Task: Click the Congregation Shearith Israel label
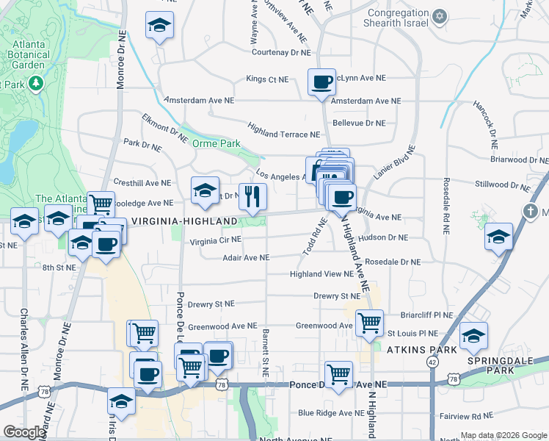397,18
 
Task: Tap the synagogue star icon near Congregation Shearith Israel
440,15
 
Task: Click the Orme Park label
216,144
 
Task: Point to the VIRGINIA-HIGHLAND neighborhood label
184,220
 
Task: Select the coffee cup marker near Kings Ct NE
321,83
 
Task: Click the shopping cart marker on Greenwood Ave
370,322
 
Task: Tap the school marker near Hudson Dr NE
498,237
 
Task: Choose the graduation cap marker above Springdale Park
473,336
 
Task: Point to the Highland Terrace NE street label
284,134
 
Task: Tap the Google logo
24,432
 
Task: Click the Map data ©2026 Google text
503,434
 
